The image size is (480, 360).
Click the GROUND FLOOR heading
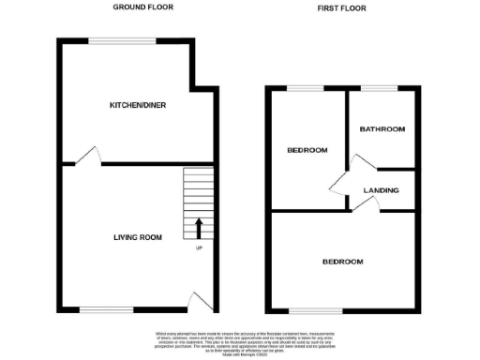click(142, 7)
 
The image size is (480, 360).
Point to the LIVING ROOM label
click(131, 238)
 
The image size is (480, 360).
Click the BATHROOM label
click(382, 128)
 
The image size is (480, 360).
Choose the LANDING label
click(381, 190)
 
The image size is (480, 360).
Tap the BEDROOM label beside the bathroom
click(307, 150)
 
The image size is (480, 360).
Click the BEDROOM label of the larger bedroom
click(343, 262)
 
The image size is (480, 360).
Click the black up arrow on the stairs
click(198, 228)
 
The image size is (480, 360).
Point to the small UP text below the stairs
click(198, 247)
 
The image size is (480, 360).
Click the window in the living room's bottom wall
click(98, 309)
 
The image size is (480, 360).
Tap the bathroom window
click(381, 88)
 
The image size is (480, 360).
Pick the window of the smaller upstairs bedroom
click(303, 88)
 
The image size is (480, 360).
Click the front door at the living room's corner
click(198, 301)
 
